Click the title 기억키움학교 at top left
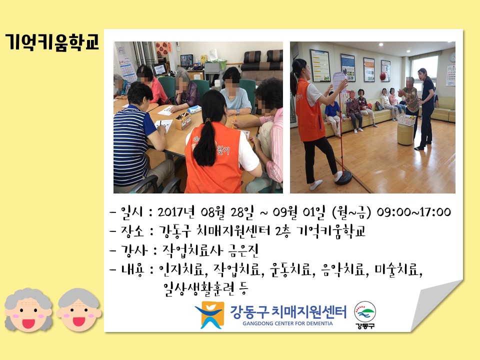[x=52, y=42]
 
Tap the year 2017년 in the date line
[x=176, y=212]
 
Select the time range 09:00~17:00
[x=413, y=212]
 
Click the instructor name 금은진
[x=243, y=250]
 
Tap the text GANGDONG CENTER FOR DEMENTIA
[x=287, y=323]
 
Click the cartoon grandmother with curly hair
[x=28, y=310]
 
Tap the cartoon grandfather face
[x=78, y=310]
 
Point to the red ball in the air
[x=383, y=76]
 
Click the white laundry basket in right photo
[x=406, y=120]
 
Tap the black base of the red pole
[x=343, y=177]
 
